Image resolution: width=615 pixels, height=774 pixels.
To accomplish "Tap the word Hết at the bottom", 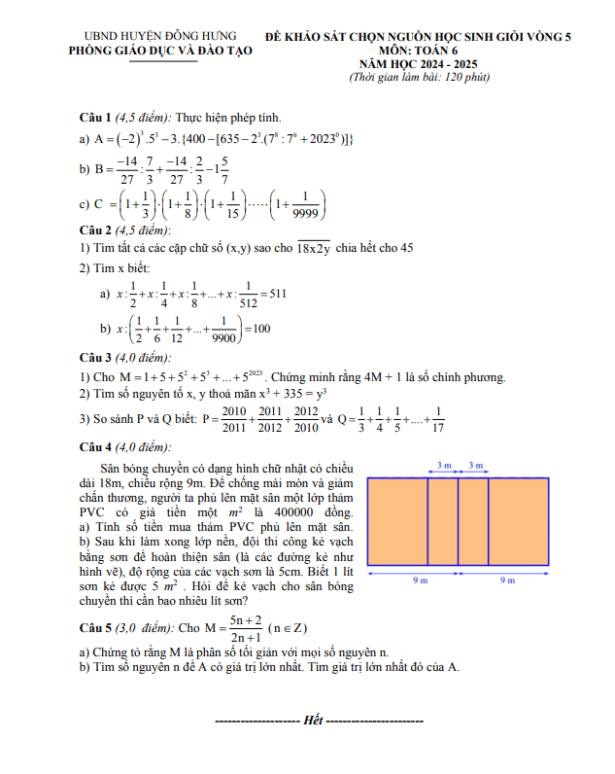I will click(313, 721).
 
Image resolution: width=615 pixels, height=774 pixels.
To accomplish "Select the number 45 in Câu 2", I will click(406, 248).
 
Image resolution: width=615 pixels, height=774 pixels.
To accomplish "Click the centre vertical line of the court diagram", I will click(459, 520).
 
